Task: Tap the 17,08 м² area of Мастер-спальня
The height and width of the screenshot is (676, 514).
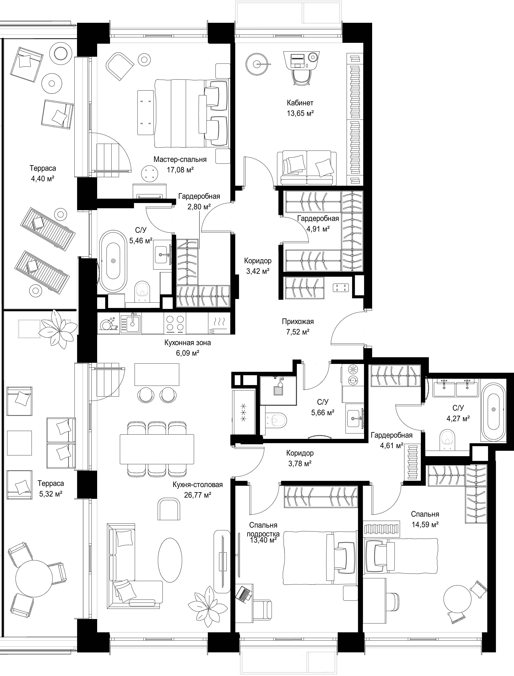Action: tap(180, 170)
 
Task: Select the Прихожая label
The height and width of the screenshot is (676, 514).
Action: tap(298, 322)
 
